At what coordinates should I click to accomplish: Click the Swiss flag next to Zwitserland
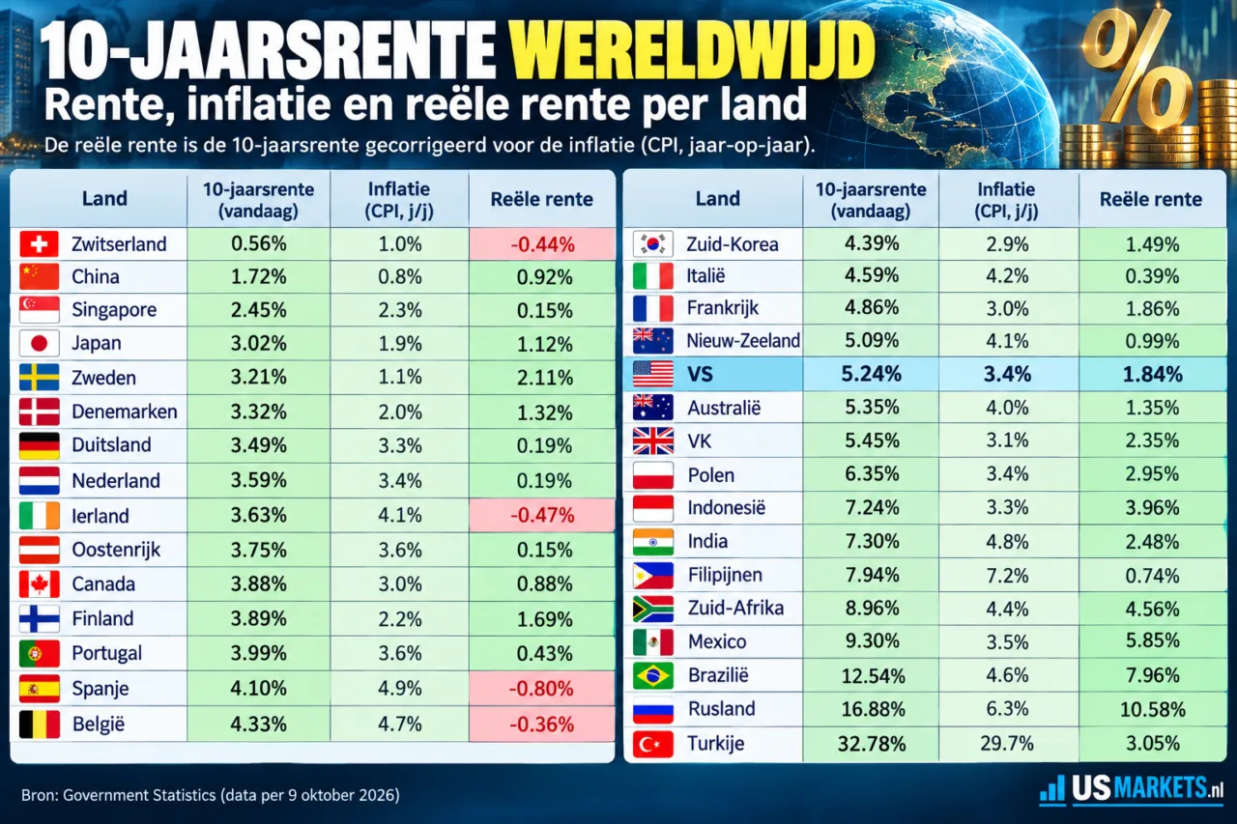pos(39,244)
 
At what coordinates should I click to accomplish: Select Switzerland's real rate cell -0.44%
pos(542,244)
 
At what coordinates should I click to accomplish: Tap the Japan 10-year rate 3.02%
pos(258,343)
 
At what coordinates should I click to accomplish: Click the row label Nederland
pos(116,481)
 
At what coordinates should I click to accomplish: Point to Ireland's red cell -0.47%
pos(542,515)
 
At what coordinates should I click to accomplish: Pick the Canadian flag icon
pos(39,583)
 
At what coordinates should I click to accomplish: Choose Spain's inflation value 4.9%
pos(400,688)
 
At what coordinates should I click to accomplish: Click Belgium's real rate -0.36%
pos(542,724)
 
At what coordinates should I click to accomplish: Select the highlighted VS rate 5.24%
pos(871,374)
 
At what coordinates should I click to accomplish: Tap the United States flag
pos(652,374)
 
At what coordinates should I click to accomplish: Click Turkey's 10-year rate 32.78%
pos(872,744)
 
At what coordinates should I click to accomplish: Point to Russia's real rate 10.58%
pos(1153,709)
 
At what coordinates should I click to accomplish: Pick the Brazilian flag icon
pos(652,675)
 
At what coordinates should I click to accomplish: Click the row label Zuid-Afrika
pos(735,608)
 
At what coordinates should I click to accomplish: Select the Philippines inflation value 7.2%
pos(1007,575)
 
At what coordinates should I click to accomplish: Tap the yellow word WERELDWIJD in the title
pos(693,51)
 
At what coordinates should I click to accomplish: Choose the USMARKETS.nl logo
pos(1131,788)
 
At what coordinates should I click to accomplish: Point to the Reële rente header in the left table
pos(542,199)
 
